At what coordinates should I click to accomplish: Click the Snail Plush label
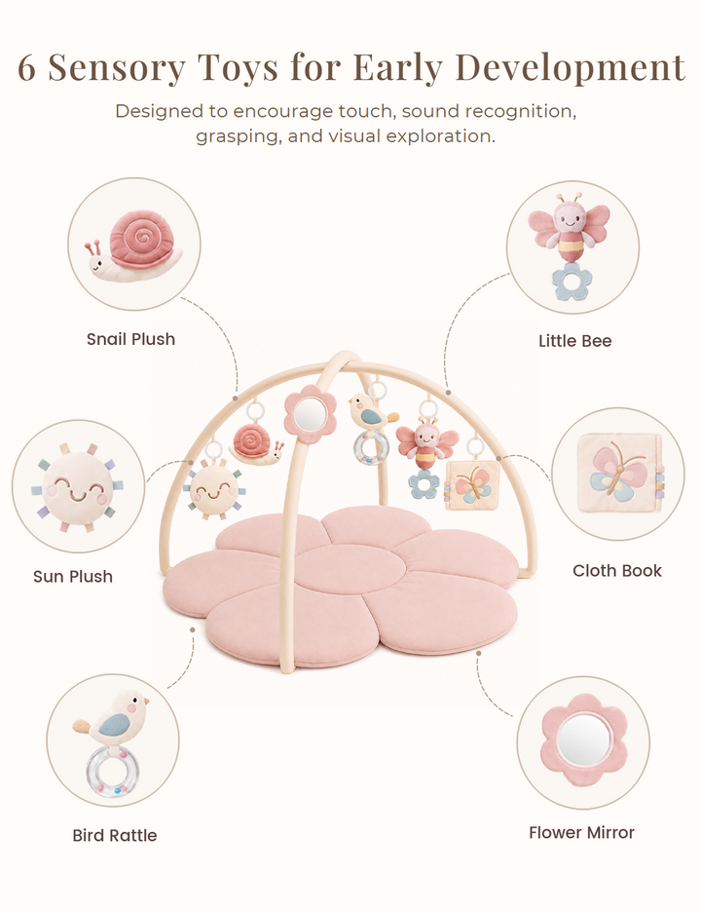coord(130,339)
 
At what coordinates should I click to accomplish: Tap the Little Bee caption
coord(574,341)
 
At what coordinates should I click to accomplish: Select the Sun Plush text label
coord(73,577)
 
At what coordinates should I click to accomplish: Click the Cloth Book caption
coord(616,571)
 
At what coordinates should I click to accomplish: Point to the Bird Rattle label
coord(115,835)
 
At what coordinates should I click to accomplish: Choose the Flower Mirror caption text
coord(581,832)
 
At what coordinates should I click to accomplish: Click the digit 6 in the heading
coord(26,67)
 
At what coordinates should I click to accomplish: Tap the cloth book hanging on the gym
coord(472,485)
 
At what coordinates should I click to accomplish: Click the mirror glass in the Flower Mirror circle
coord(583,741)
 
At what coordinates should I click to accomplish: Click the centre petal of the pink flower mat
coord(349,569)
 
